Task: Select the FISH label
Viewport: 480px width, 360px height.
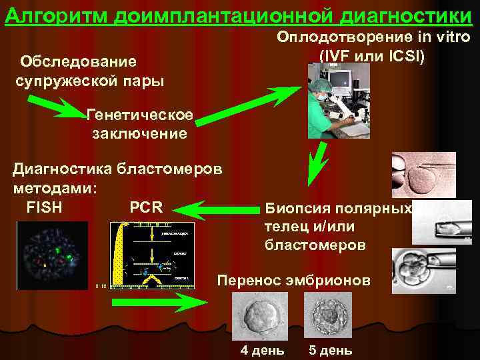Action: coord(45,207)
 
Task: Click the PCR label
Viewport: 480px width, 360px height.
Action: coord(146,207)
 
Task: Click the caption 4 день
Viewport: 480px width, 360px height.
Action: coord(262,351)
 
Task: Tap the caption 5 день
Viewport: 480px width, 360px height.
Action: coord(330,351)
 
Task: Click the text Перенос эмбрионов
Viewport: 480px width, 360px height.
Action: coord(293,281)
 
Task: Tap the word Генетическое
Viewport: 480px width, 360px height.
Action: coord(140,116)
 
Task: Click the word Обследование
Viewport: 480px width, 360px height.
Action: coord(79,62)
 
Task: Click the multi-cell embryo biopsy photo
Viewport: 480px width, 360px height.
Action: coord(423,270)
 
